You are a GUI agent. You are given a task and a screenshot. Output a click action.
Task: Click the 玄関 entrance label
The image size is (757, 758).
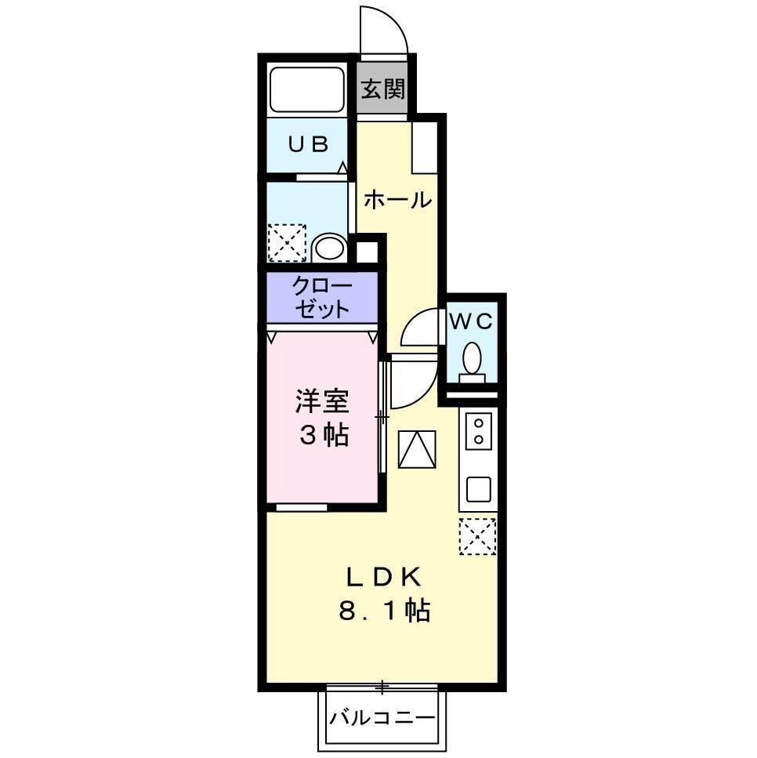(383, 89)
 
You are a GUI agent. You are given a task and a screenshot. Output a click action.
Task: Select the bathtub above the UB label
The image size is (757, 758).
(307, 89)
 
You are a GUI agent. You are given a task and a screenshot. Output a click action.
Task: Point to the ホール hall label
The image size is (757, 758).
(397, 200)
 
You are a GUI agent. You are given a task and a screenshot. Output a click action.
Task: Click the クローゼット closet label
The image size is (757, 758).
(322, 297)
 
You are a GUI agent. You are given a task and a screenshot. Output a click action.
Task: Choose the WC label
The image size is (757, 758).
(470, 321)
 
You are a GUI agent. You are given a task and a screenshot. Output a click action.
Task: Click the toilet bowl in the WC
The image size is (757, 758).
(472, 360)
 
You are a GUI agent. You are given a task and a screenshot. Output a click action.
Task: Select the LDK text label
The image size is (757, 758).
(385, 578)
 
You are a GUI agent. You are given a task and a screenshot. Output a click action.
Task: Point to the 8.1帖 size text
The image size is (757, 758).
(385, 610)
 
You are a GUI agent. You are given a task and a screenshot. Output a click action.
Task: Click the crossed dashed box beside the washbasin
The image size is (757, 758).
(286, 242)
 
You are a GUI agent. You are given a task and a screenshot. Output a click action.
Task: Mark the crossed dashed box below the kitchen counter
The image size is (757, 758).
(477, 536)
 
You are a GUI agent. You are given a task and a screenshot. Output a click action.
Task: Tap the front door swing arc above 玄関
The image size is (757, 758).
(385, 31)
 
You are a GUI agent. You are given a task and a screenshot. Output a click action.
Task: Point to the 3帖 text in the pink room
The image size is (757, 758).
(321, 435)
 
